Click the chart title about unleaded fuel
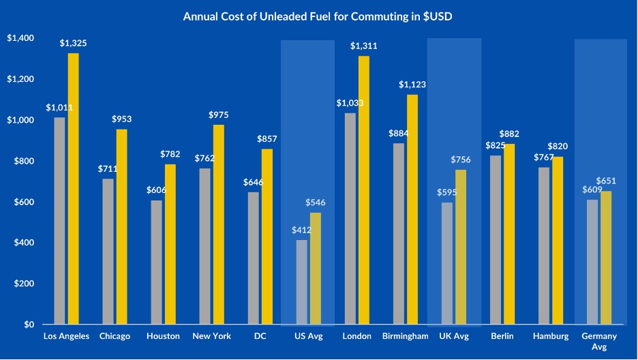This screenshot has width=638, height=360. (318, 16)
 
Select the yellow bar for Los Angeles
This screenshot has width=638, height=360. (73, 188)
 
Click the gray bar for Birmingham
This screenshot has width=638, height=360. (398, 233)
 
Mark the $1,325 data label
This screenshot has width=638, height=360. (73, 44)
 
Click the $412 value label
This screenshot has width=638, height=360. (301, 230)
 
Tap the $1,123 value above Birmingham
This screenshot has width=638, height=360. (412, 85)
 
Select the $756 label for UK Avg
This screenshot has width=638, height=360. (461, 160)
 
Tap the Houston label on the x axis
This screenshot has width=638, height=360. (164, 336)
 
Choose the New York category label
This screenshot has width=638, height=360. (212, 336)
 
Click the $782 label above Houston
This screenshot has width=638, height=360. (170, 155)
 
